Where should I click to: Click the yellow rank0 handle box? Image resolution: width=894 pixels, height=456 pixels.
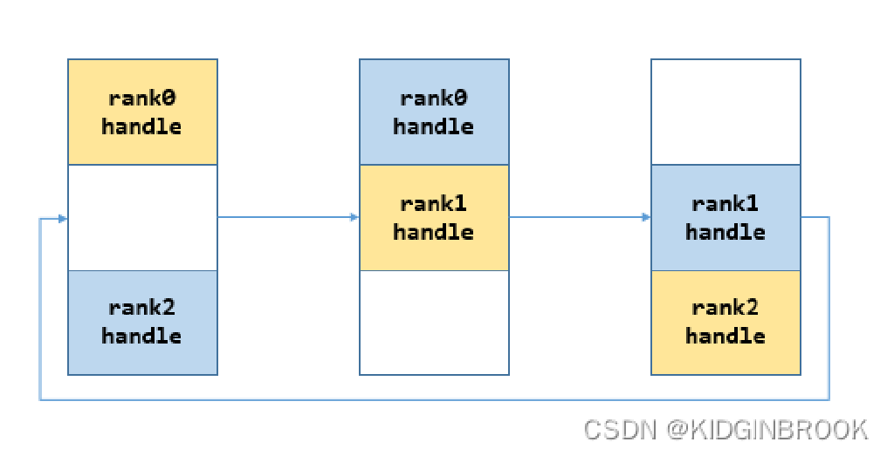(x=142, y=112)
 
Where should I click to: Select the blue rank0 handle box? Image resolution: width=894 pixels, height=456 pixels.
(x=434, y=112)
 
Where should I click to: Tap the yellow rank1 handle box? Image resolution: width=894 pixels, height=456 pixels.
(x=434, y=217)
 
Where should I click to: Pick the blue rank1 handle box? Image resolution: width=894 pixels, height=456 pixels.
(x=726, y=217)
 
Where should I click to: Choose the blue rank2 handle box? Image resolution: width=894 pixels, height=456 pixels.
(x=142, y=323)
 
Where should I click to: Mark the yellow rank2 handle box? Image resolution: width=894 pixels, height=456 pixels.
(x=726, y=323)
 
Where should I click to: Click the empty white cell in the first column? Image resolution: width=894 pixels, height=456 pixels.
(x=142, y=217)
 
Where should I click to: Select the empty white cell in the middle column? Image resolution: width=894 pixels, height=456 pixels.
(x=434, y=323)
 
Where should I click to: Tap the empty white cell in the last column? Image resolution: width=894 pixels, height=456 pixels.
(x=726, y=112)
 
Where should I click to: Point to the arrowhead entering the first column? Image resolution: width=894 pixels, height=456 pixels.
(x=63, y=218)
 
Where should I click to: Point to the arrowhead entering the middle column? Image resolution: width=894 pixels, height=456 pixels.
(x=354, y=217)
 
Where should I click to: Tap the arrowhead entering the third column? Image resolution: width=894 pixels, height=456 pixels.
(x=646, y=217)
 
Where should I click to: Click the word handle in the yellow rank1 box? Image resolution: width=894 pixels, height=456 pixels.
(x=434, y=232)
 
